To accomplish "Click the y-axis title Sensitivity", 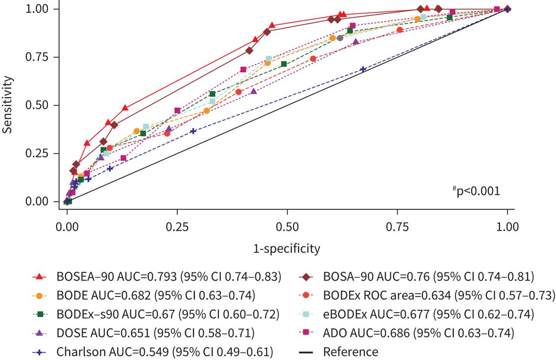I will [x=7, y=106].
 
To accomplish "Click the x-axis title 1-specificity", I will [x=286, y=249].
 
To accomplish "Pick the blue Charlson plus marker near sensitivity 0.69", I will [x=363, y=69].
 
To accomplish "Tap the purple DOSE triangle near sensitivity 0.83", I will [x=356, y=42].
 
